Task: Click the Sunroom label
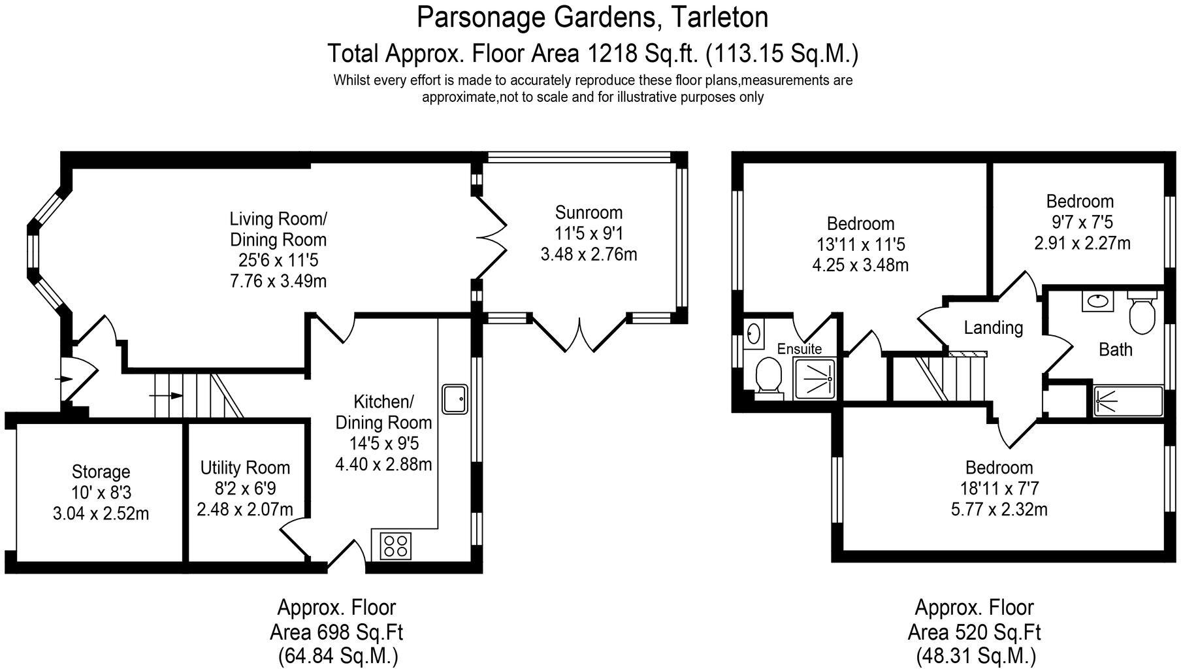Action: tap(589, 212)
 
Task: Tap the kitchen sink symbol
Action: tap(455, 399)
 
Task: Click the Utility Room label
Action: tap(245, 468)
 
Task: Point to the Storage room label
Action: tap(101, 472)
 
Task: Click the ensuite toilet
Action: tap(769, 380)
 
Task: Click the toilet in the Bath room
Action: tap(1142, 316)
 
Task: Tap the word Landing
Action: tap(993, 327)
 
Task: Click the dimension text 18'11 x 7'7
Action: tap(999, 488)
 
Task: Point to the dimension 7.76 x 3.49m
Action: tap(278, 281)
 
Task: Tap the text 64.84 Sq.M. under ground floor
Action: tap(337, 654)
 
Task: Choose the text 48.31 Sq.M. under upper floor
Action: tap(975, 654)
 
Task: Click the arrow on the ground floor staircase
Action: tap(167, 395)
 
